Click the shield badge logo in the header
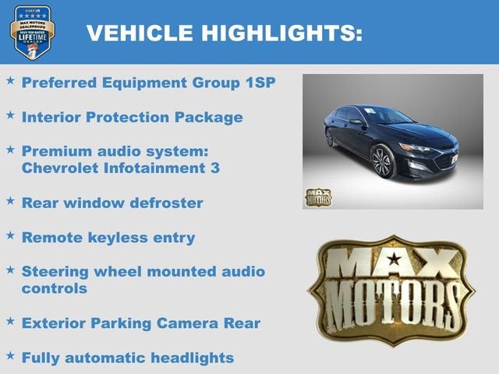coord(32,32)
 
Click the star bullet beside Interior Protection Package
coord(10,115)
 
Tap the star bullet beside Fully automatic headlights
coord(10,355)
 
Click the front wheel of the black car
coord(382,161)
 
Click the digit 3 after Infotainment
coord(214,168)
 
